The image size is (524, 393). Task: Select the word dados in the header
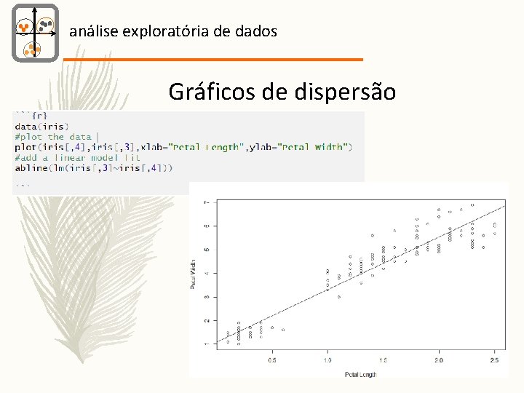pyautogui.click(x=255, y=31)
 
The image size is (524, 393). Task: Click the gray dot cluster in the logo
pyautogui.click(x=47, y=25)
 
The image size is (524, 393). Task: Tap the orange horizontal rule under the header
pyautogui.click(x=213, y=59)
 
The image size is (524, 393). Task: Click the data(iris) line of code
pyautogui.click(x=42, y=126)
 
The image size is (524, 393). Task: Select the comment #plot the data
pyautogui.click(x=52, y=136)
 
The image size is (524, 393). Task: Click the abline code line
pyautogui.click(x=94, y=168)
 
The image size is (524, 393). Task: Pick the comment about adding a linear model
pyautogui.click(x=77, y=157)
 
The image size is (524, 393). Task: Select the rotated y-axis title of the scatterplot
pyautogui.click(x=194, y=273)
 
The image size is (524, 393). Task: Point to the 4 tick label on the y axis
pyautogui.click(x=207, y=273)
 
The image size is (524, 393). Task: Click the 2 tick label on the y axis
pyautogui.click(x=207, y=320)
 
